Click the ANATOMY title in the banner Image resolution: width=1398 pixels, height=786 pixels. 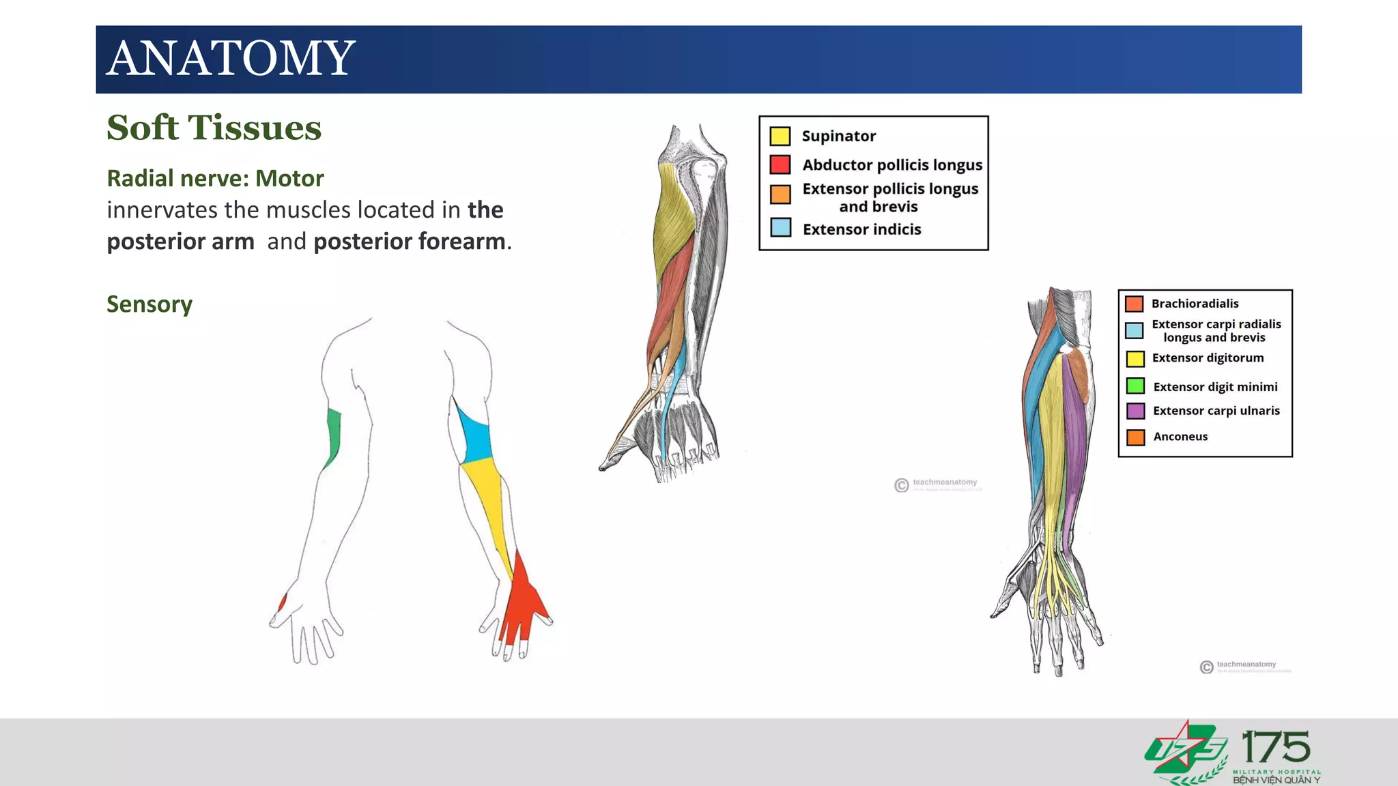tap(231, 59)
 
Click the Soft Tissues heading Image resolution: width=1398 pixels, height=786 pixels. tap(214, 128)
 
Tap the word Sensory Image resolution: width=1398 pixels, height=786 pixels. tap(149, 304)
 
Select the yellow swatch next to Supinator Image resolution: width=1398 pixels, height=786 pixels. tap(780, 136)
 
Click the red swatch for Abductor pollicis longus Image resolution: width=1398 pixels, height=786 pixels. tap(780, 164)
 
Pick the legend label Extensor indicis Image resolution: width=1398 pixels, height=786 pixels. tap(861, 229)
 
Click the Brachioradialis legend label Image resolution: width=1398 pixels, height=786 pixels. tap(1195, 304)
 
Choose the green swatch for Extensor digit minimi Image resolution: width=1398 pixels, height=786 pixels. tap(1135, 386)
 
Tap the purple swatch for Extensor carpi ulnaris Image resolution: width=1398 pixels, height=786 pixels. tap(1135, 411)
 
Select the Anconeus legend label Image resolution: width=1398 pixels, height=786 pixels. tap(1180, 437)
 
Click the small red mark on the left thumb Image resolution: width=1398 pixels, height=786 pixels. tap(282, 602)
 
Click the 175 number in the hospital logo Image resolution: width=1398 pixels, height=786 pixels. tap(1275, 748)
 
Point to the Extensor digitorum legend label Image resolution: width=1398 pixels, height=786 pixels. tap(1208, 358)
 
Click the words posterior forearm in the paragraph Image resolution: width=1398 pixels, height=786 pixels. tap(410, 242)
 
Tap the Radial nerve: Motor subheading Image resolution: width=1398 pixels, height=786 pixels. tap(215, 179)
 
